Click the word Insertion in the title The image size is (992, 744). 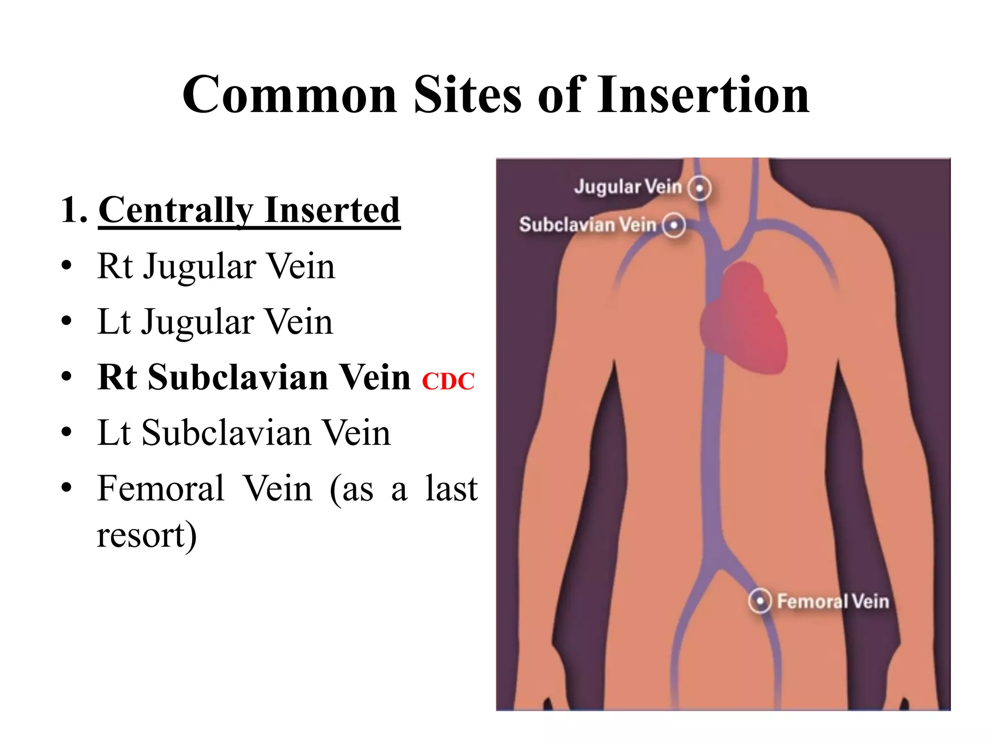703,95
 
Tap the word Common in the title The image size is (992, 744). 290,95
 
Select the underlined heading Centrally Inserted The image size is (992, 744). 249,210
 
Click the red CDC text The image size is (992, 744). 448,381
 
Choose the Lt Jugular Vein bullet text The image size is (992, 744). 215,322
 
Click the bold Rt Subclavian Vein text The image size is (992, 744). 254,377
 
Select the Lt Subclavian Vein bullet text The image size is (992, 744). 244,433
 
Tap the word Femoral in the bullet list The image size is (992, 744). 161,488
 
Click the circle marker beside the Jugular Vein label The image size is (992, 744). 699,188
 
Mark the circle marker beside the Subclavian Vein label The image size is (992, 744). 674,225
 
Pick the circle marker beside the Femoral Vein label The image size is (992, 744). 759,601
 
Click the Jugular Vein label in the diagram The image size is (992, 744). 628,186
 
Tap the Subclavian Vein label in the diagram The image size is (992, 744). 588,225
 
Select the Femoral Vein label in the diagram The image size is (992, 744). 833,602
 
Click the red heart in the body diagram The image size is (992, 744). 744,320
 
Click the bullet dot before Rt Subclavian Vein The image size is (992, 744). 67,377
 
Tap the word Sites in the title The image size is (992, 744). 467,95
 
